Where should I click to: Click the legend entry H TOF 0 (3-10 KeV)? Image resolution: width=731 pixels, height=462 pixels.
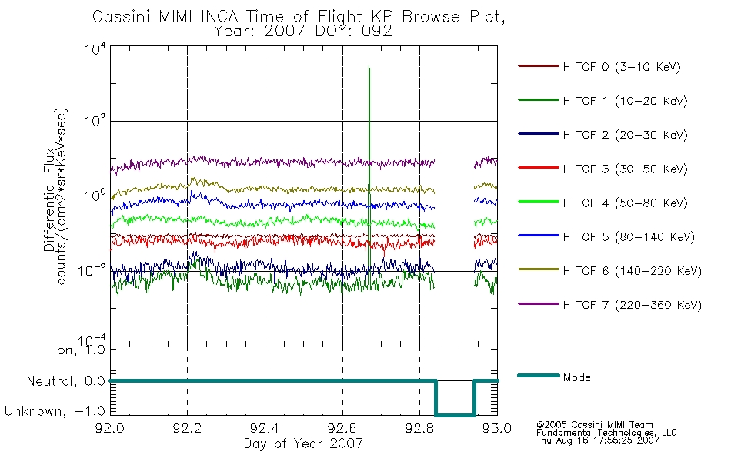pos(622,67)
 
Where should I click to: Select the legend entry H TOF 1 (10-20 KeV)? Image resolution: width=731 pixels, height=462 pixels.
pos(625,101)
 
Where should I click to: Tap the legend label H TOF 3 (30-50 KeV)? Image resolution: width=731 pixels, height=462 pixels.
pos(625,169)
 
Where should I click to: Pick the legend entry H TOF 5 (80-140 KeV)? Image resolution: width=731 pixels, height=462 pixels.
pos(629,237)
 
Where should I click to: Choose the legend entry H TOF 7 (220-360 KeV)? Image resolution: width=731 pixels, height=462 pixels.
pos(633,305)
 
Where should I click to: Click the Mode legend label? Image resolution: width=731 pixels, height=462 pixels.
pos(576,377)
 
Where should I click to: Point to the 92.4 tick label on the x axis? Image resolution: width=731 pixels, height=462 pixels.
pos(265,428)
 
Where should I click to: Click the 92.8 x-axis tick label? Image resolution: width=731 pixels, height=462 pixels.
pos(419,428)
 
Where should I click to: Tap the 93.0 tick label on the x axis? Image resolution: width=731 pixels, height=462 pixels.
pos(497,428)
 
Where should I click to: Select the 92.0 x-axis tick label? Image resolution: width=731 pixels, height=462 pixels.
pos(110,428)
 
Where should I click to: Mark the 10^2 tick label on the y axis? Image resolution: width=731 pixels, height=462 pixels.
pos(95,121)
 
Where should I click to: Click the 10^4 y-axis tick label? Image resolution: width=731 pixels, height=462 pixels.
pos(95,49)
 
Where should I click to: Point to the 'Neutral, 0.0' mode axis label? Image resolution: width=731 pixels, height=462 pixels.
pos(65,381)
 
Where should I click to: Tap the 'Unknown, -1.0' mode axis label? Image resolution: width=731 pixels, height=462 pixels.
pos(55,411)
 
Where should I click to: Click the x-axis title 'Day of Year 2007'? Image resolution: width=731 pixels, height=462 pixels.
pos(303,443)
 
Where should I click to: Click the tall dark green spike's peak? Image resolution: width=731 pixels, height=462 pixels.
pos(369,66)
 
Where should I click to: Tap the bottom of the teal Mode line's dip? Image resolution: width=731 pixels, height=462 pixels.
pos(455,415)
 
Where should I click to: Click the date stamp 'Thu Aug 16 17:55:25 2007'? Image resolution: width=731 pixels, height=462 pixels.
pos(598,440)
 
